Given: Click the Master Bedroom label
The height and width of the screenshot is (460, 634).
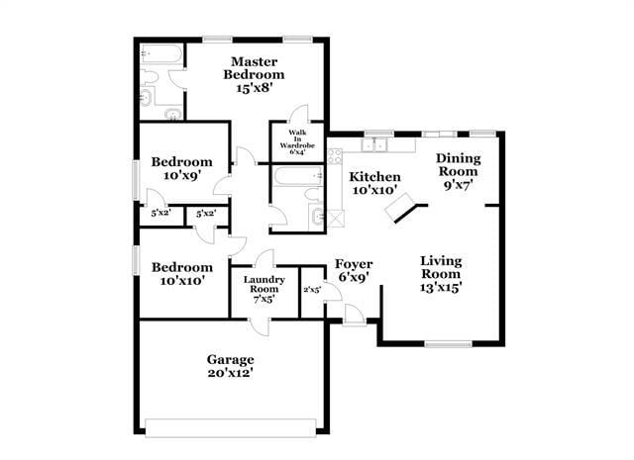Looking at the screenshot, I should (x=254, y=68).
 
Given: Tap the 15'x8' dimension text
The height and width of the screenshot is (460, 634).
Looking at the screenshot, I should (x=254, y=88).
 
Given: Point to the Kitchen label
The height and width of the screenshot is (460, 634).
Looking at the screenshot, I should (x=374, y=176).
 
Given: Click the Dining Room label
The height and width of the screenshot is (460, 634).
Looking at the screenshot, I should (x=459, y=164).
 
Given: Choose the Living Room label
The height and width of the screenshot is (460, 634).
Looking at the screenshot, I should (x=441, y=267).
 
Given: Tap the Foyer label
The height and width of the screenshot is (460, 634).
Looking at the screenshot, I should (x=353, y=264).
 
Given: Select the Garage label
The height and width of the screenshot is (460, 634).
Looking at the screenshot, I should (x=230, y=359).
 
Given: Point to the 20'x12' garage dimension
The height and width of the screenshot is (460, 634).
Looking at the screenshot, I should (x=230, y=373).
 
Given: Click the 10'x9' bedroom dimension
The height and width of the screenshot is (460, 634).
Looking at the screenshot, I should (x=181, y=176).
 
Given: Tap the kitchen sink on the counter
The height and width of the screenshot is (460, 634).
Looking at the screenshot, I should (x=375, y=145).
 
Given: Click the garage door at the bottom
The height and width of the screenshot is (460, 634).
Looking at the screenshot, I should (x=230, y=426).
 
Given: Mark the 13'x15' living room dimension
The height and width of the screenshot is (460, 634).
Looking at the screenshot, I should (x=441, y=288).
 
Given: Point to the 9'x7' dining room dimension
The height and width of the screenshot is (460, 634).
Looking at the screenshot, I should (x=459, y=184).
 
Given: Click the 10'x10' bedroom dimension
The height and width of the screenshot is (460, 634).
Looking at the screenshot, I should (x=181, y=281).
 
